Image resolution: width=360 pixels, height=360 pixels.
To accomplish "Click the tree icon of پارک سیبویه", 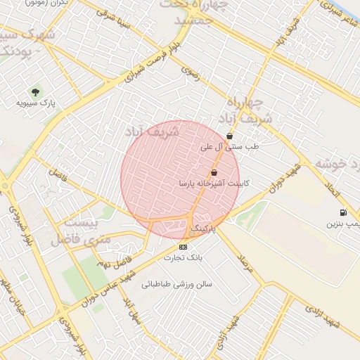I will (35, 91).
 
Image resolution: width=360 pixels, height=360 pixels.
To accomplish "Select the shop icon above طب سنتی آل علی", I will (230, 136).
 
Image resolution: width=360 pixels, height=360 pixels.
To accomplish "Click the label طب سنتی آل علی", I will (230, 147).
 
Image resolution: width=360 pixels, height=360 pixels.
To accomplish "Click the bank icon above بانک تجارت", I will (184, 247).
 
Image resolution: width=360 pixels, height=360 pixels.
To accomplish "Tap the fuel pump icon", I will (342, 213).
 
